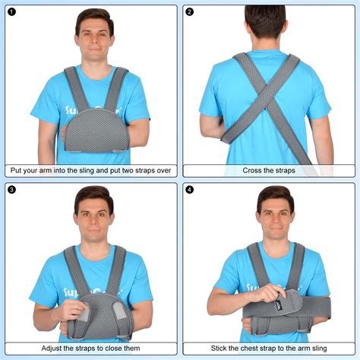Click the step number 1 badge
(x=11, y=12)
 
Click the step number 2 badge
(x=189, y=12)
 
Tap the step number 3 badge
(x=11, y=190)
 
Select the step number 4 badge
(x=189, y=190)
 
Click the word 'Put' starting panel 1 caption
(x=16, y=171)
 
